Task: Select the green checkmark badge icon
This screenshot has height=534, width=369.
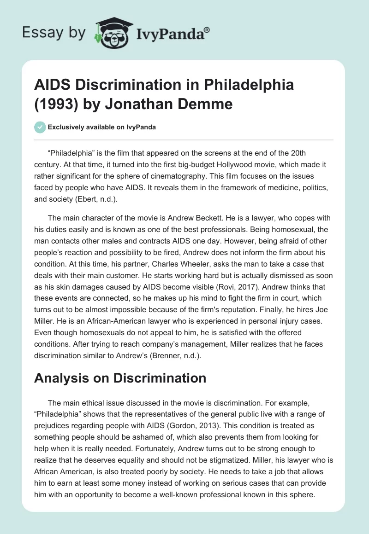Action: (x=40, y=127)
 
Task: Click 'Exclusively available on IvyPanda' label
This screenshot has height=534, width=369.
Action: (x=101, y=127)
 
